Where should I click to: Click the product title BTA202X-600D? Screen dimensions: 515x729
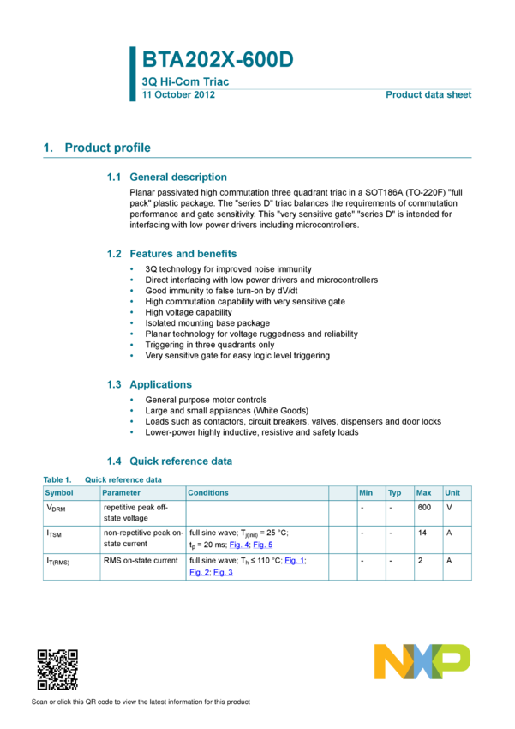point(218,59)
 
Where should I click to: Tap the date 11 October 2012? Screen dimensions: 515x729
point(178,95)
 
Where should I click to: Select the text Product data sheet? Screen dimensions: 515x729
point(428,95)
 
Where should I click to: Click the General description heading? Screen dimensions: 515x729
point(178,178)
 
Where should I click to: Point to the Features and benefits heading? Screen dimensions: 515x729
point(183,254)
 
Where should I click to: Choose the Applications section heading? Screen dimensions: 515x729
point(161,384)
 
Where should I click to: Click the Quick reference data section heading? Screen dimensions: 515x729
point(181,461)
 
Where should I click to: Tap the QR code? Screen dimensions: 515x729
point(57,670)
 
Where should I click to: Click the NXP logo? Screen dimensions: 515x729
point(422,661)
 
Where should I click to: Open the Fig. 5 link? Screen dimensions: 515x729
point(263,545)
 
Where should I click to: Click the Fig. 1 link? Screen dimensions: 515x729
point(295,561)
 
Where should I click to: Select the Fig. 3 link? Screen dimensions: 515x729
point(223,572)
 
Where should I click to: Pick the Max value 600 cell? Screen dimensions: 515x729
point(424,507)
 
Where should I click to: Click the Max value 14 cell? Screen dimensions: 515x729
point(422,533)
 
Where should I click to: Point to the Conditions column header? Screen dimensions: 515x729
point(208,493)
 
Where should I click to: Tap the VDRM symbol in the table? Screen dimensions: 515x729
point(56,509)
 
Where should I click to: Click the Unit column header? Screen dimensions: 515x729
point(452,493)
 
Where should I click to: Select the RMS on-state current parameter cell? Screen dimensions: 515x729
point(141,561)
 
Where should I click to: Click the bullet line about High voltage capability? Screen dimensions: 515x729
point(189,312)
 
